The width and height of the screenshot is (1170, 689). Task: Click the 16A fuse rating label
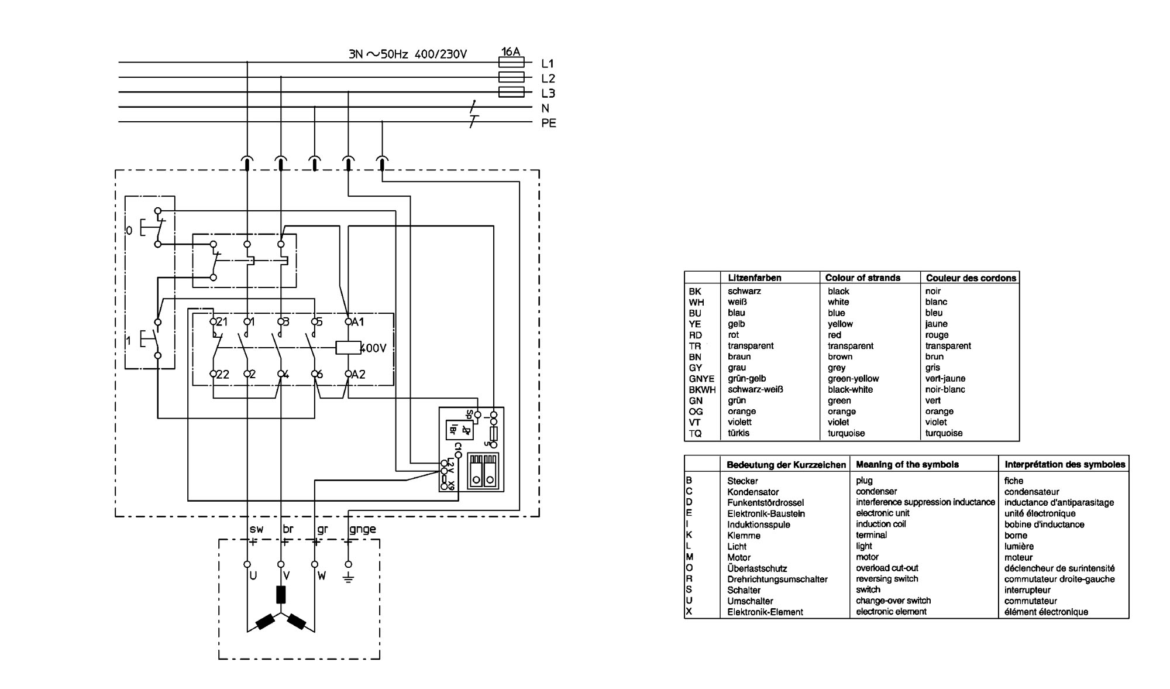click(511, 52)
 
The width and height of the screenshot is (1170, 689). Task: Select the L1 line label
click(548, 64)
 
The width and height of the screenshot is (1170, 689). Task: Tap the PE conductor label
click(549, 124)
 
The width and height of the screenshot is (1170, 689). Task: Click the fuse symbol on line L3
click(511, 92)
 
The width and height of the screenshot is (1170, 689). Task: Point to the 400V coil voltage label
click(373, 348)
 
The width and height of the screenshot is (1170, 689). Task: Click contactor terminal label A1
click(358, 322)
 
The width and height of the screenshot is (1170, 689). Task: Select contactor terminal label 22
click(223, 375)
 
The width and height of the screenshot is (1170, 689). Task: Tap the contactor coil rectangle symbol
click(349, 348)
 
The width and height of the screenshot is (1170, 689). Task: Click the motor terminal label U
click(253, 576)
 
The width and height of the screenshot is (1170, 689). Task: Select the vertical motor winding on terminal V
click(281, 594)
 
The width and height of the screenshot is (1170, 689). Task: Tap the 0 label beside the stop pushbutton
click(129, 231)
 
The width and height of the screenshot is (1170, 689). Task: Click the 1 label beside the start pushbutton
click(129, 341)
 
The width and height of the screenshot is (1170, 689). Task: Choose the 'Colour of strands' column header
click(862, 277)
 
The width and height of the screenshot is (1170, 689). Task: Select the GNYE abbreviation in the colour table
click(701, 379)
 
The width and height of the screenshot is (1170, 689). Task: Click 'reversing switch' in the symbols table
click(887, 579)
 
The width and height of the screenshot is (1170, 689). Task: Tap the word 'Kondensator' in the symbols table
click(753, 492)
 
